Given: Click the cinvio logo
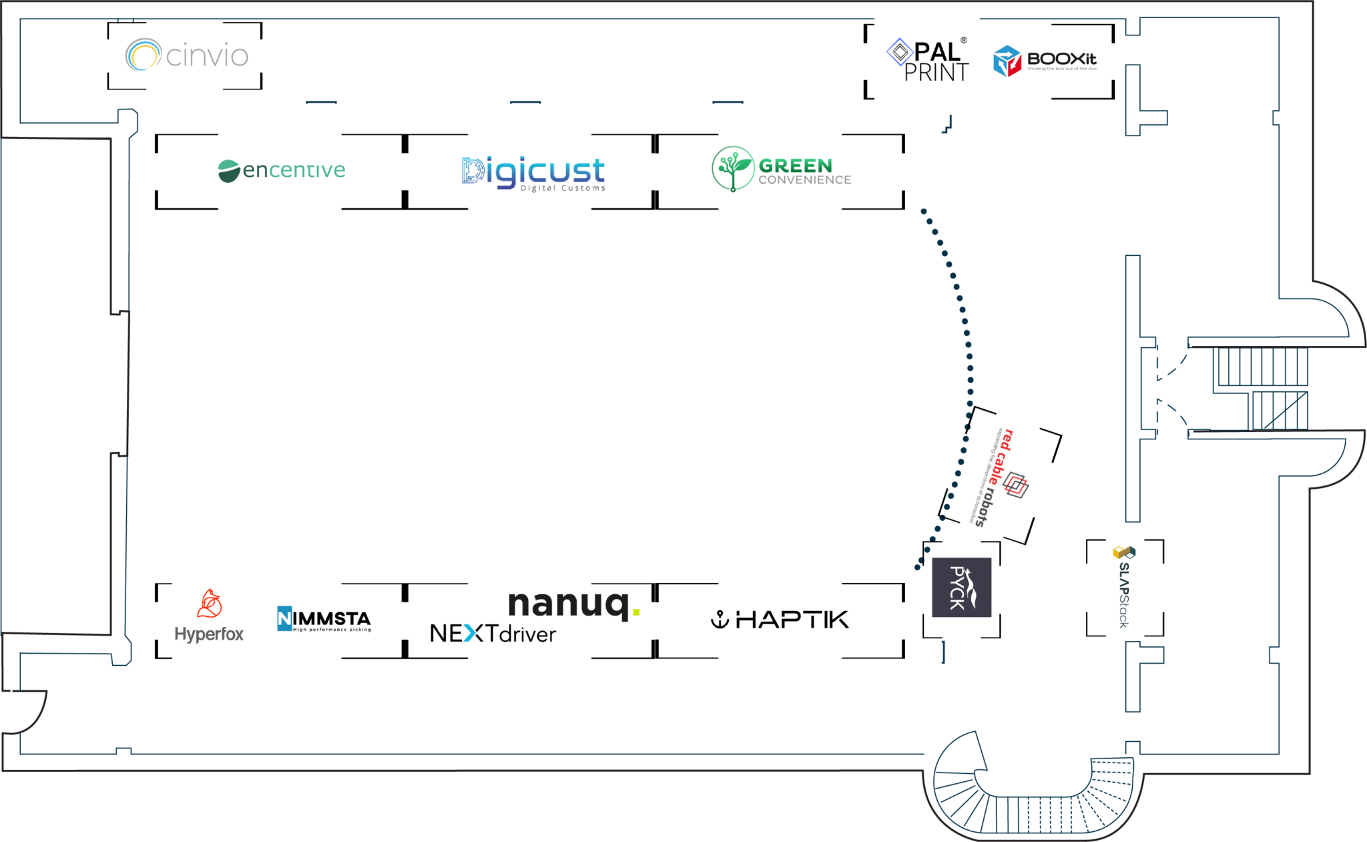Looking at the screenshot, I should (x=187, y=55).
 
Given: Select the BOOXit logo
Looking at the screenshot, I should (x=1045, y=61).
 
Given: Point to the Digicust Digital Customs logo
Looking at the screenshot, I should (x=534, y=173).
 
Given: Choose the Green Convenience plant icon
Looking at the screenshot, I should (x=732, y=168).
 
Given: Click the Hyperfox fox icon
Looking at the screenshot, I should (x=210, y=604).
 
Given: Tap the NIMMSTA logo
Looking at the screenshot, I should (x=324, y=619).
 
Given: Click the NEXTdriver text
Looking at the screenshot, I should (x=493, y=633).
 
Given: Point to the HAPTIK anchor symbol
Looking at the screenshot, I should (x=720, y=620).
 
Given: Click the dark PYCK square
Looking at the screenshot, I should (x=961, y=587).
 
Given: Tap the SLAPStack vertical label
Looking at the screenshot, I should (x=1124, y=594).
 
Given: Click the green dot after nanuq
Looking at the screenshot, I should (x=636, y=612).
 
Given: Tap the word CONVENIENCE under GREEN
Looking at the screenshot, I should (x=804, y=180).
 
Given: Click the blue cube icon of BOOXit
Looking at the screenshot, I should (x=1007, y=61).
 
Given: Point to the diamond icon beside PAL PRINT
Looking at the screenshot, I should (x=900, y=51).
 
